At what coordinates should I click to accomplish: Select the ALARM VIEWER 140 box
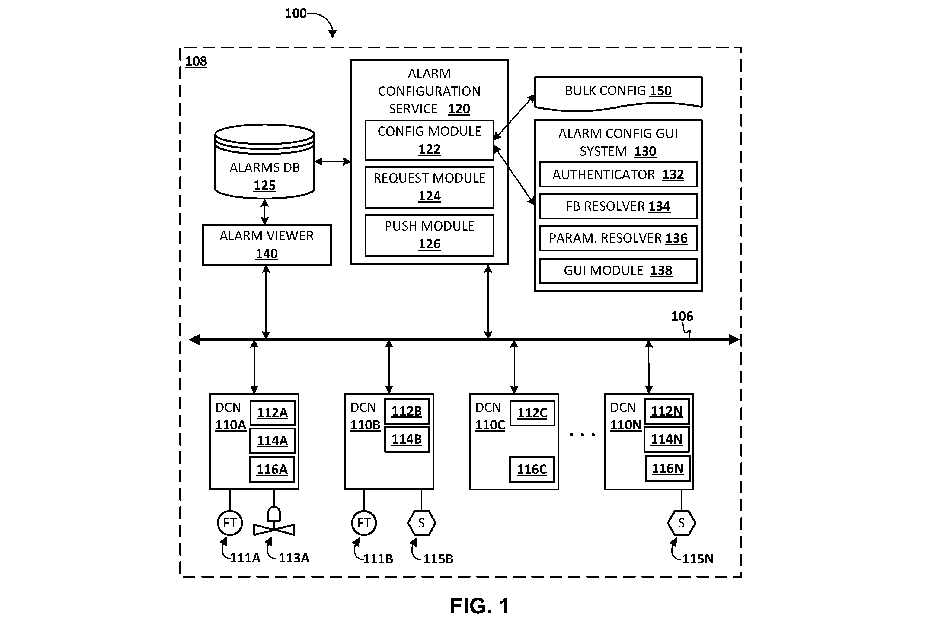click(x=267, y=245)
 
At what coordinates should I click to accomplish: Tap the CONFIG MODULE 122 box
click(x=430, y=140)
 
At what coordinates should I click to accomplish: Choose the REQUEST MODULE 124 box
click(x=430, y=187)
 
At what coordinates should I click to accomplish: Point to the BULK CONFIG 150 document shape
click(x=618, y=93)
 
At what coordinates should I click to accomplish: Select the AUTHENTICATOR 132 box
click(x=618, y=174)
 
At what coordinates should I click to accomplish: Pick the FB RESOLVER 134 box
click(x=618, y=206)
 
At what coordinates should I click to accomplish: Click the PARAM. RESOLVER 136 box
click(x=618, y=238)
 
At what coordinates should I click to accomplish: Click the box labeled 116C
click(x=532, y=469)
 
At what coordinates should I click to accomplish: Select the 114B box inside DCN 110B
click(x=407, y=439)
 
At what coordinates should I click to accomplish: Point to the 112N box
click(x=667, y=411)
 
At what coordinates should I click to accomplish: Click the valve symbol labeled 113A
click(x=274, y=522)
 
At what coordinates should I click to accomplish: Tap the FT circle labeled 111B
click(x=364, y=523)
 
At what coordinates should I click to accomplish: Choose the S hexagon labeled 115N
click(x=682, y=523)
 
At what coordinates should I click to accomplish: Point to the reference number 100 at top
click(x=295, y=14)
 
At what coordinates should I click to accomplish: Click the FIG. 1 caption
click(x=479, y=606)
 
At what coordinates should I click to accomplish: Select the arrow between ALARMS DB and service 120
click(x=333, y=162)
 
